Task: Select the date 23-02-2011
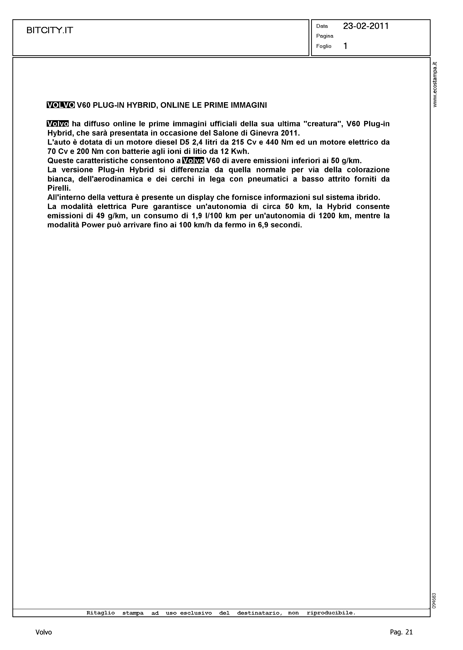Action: pyautogui.click(x=366, y=26)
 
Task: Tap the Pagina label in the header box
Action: pyautogui.click(x=325, y=36)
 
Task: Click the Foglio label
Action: pyautogui.click(x=324, y=46)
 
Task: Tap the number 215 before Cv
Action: pyautogui.click(x=238, y=142)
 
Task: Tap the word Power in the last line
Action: pyautogui.click(x=91, y=225)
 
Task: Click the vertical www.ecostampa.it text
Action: pyautogui.click(x=435, y=85)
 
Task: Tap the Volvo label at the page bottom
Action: pyautogui.click(x=44, y=632)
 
